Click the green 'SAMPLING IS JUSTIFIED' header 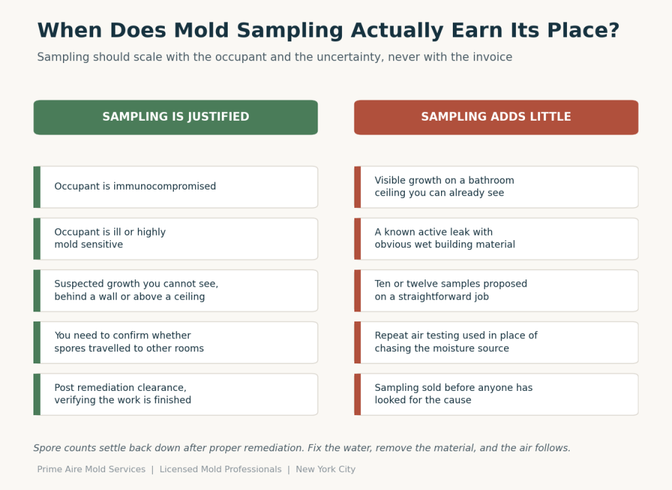(176, 117)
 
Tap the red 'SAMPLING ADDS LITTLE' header (496, 117)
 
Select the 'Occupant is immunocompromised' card (176, 187)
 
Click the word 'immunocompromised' (165, 186)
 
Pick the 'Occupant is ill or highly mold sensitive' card (176, 239)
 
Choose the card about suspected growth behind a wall (176, 291)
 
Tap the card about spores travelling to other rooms (176, 342)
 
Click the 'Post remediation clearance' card (176, 394)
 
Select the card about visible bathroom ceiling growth (496, 187)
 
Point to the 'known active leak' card (496, 239)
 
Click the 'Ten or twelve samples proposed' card (496, 291)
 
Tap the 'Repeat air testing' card (496, 342)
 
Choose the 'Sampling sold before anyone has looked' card (496, 394)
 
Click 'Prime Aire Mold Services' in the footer (91, 470)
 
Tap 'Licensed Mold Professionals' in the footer (220, 470)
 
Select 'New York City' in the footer (325, 470)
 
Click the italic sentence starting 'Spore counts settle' (302, 448)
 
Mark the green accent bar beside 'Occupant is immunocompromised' (37, 187)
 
